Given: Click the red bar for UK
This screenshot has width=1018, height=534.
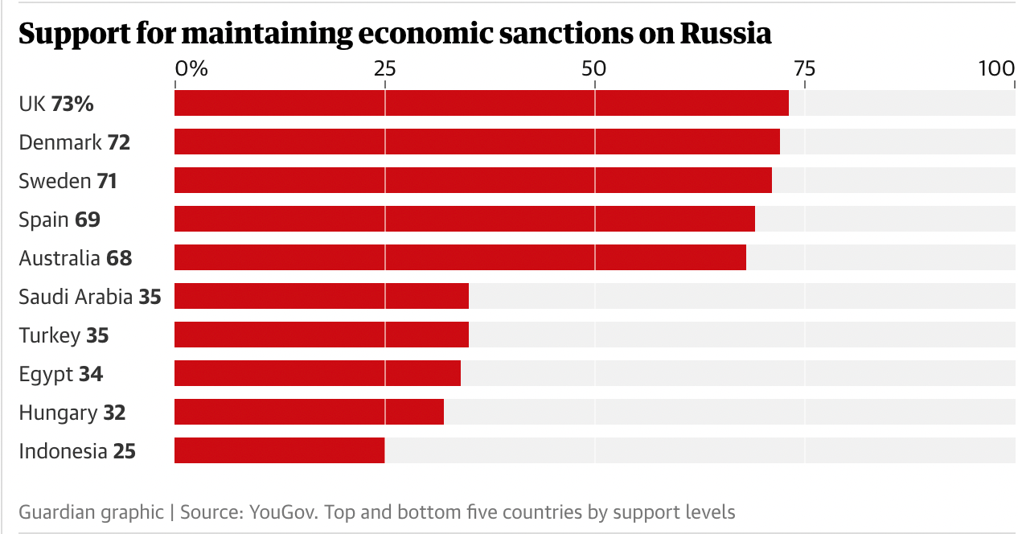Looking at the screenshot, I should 481,103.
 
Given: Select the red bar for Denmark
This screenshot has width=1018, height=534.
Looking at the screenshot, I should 477,142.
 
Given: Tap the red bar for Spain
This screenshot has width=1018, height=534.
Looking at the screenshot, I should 464,219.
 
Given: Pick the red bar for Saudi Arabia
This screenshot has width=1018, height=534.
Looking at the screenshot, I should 322,296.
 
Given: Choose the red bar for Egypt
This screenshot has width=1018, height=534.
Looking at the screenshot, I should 318,373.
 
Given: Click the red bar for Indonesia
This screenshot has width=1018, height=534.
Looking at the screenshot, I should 279,450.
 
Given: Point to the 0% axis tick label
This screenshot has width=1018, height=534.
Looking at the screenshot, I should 191,68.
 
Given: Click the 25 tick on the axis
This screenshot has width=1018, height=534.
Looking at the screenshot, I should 384,68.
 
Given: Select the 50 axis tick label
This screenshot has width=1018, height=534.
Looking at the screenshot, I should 594,68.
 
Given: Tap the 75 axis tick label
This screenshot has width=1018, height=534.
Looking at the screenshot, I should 804,68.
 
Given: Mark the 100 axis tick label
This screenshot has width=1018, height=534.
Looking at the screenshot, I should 996,68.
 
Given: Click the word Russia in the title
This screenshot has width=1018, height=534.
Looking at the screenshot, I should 725,34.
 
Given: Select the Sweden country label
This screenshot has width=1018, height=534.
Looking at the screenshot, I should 55,181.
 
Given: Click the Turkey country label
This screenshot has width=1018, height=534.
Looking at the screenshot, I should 50,335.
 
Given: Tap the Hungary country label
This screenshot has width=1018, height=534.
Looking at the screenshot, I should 58,413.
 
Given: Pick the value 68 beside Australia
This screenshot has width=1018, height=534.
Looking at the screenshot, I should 118,258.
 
